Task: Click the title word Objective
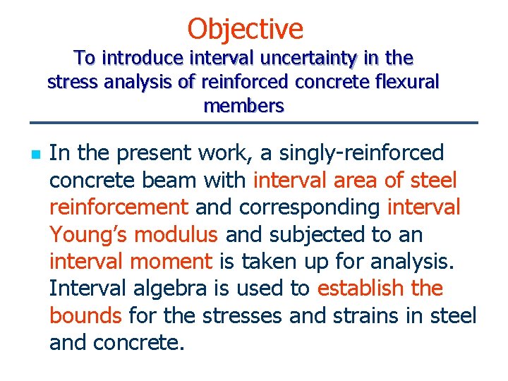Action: pos(245,29)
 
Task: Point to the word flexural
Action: pos(404,83)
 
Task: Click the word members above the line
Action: pos(243,107)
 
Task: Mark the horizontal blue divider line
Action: pos(253,123)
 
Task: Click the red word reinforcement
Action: pos(119,207)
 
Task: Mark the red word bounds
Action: pos(85,315)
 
